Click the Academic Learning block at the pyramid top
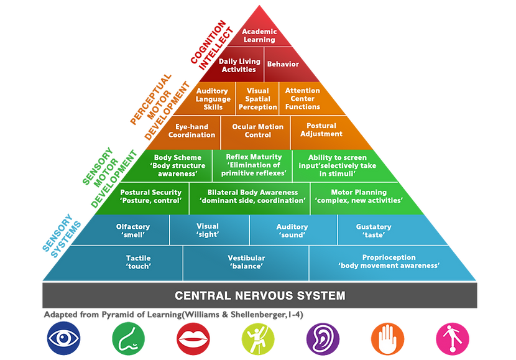pos(259,35)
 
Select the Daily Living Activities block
pos(239,66)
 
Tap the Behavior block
pos(283,64)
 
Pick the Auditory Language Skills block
pos(213,99)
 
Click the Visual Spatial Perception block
pos(257,99)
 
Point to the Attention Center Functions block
pos(303,99)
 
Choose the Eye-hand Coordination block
pos(191,131)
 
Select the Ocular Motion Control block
pos(257,131)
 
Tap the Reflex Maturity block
pos(254,165)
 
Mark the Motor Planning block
pos(359,196)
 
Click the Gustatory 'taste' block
pos(373,231)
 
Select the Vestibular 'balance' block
pos(246,262)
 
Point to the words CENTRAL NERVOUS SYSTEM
pos(260,295)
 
